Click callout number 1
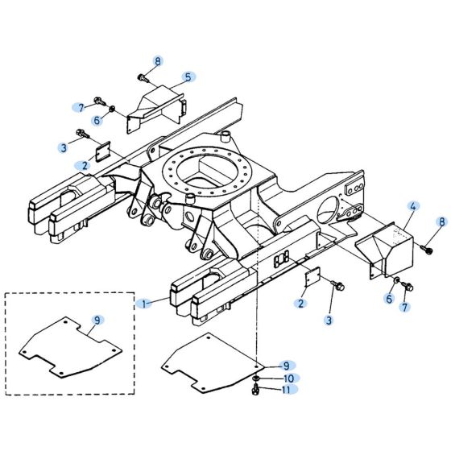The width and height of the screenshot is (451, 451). pyautogui.click(x=143, y=303)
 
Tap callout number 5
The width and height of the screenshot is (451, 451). pyautogui.click(x=188, y=77)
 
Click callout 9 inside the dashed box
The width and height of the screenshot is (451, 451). pyautogui.click(x=97, y=321)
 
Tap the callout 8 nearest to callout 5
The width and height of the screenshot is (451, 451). pyautogui.click(x=158, y=61)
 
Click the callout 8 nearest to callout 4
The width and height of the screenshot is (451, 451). pyautogui.click(x=441, y=221)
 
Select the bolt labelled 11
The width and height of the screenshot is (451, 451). pyautogui.click(x=256, y=391)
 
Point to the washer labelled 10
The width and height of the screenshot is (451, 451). pyautogui.click(x=256, y=378)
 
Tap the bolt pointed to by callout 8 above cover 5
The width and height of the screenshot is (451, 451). pyautogui.click(x=143, y=78)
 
